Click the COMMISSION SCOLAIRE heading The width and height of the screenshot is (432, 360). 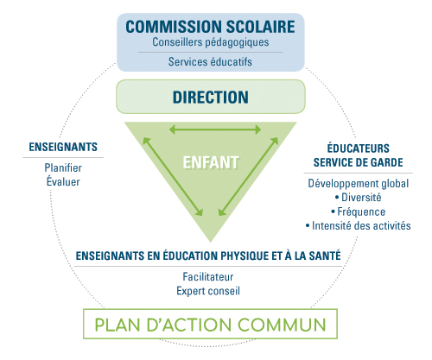210,27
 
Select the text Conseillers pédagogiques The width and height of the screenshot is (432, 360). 211,42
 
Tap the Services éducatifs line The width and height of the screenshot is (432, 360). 210,61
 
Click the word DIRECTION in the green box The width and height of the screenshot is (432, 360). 211,98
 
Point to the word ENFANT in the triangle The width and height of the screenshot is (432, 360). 211,162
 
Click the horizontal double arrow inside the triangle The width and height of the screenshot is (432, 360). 215,129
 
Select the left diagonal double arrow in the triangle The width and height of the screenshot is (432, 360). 173,176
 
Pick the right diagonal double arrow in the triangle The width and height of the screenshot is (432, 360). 248,176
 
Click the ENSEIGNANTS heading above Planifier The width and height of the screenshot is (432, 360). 63,147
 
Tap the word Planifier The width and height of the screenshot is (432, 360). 63,167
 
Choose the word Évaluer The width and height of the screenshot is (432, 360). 63,181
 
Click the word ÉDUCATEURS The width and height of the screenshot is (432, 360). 359,148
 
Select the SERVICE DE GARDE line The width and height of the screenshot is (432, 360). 359,162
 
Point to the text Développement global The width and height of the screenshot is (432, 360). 359,184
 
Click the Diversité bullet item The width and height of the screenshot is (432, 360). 359,198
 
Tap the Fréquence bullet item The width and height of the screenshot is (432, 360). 359,212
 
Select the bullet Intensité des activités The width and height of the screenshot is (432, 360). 359,225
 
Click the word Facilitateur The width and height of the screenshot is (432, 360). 208,277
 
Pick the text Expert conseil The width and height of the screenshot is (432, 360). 208,291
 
